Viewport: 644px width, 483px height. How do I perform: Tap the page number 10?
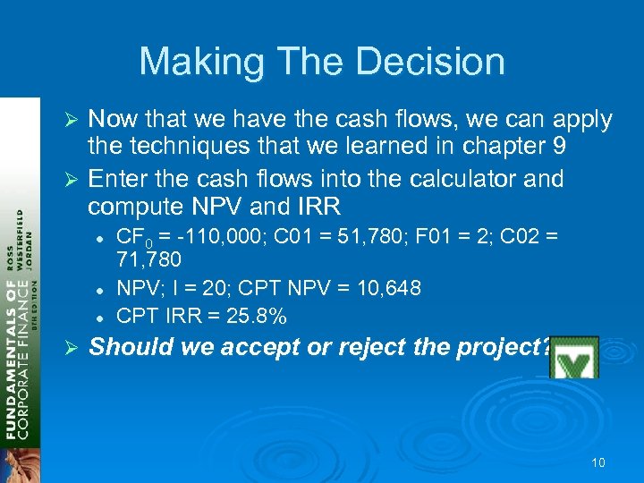(x=598, y=462)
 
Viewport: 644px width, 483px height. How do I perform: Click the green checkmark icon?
(x=573, y=357)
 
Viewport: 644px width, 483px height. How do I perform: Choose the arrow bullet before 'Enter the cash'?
(x=75, y=180)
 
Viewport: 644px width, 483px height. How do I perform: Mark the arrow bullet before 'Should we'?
(x=75, y=348)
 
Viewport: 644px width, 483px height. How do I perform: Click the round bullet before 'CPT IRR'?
(x=106, y=317)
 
